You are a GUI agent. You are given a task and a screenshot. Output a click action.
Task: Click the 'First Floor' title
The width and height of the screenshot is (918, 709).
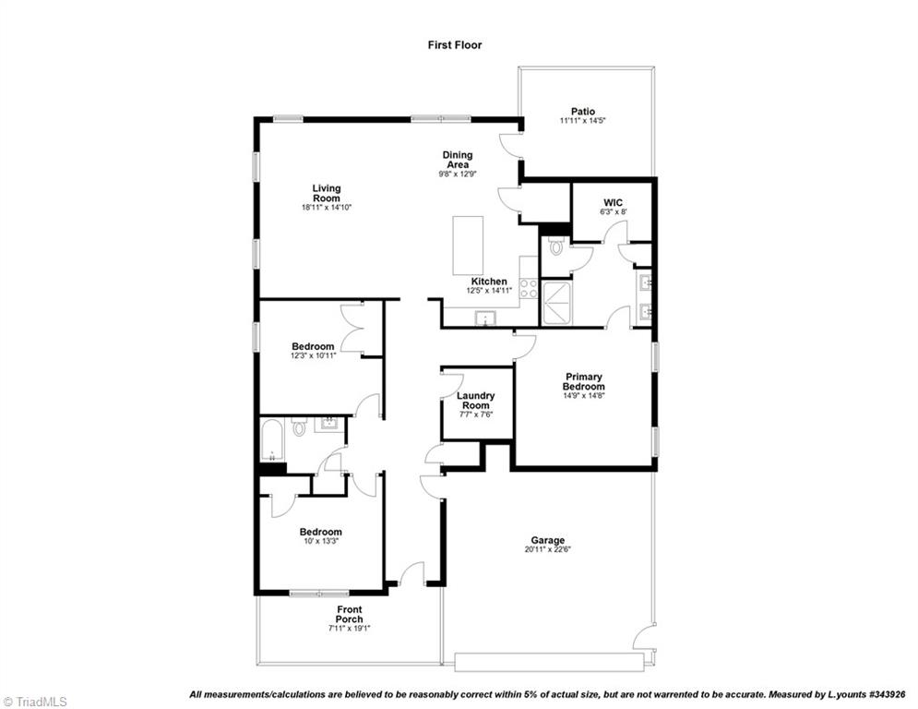click(x=454, y=44)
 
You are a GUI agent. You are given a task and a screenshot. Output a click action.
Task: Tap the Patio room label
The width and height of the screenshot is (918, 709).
click(x=582, y=112)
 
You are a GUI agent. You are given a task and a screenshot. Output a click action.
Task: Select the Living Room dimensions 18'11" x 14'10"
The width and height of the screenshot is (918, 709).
click(x=326, y=208)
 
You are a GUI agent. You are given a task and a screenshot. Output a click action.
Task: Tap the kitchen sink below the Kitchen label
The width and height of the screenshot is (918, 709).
click(x=484, y=319)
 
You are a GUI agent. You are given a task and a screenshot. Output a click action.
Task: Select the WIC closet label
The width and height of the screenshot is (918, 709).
click(x=614, y=202)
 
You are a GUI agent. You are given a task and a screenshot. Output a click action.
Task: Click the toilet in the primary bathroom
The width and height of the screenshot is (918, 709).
click(x=554, y=246)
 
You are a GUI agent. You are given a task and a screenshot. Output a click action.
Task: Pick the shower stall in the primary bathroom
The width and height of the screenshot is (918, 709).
click(x=558, y=304)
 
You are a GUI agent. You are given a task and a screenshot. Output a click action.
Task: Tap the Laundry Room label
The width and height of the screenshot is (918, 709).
click(x=476, y=401)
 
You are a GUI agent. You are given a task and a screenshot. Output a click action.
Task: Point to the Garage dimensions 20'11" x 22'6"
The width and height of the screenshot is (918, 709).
click(x=547, y=550)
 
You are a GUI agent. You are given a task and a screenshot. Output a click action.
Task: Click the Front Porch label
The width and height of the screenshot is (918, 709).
click(x=349, y=614)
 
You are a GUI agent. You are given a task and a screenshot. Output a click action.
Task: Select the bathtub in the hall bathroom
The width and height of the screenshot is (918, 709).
click(x=272, y=441)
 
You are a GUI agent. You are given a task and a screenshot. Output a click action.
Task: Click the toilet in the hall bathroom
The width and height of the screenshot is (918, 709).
click(x=299, y=427)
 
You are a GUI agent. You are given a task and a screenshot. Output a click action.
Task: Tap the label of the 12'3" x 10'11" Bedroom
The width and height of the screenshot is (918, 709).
click(x=313, y=347)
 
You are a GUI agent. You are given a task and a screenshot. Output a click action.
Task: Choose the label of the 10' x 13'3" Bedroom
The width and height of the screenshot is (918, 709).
click(x=320, y=532)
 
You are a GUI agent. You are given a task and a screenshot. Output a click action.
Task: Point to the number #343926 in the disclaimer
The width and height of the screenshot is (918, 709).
click(x=883, y=694)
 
